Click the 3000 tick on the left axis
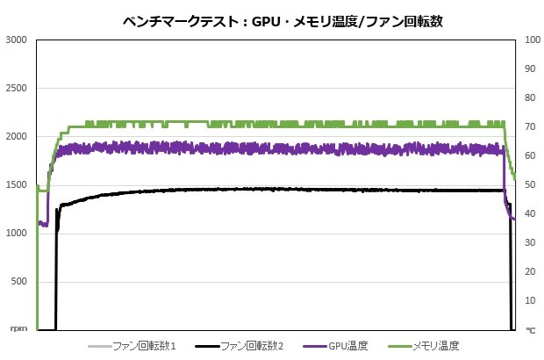point(17,40)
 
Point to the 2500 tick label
point(17,89)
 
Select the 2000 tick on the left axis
point(17,137)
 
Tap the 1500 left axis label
point(17,185)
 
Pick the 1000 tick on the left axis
point(17,234)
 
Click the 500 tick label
point(19,282)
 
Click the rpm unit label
point(19,330)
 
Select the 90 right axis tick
point(529,68)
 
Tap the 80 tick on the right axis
point(529,97)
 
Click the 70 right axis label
point(529,126)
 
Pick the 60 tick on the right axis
point(529,155)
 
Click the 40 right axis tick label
point(529,213)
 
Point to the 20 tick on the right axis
point(529,272)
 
